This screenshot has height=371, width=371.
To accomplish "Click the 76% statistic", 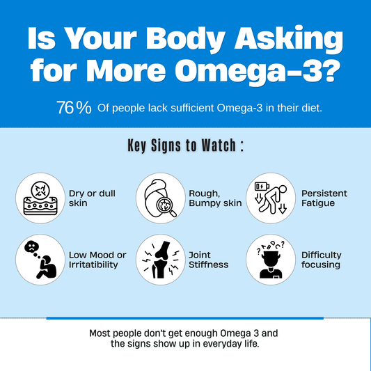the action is pyautogui.click(x=74, y=108).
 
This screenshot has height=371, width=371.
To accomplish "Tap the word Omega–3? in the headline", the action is pyautogui.click(x=258, y=70).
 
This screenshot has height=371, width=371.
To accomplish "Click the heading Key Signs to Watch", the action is pyautogui.click(x=186, y=145).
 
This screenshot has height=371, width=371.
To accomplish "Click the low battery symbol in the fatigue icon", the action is pyautogui.click(x=262, y=187).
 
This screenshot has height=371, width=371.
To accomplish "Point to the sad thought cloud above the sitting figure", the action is pyautogui.click(x=31, y=247).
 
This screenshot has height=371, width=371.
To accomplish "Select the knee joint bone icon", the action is pyautogui.click(x=161, y=260).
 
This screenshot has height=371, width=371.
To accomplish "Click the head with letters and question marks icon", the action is pyautogui.click(x=271, y=260).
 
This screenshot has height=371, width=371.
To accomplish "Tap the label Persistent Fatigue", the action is pyautogui.click(x=324, y=198).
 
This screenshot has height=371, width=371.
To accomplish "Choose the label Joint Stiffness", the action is pyautogui.click(x=208, y=260).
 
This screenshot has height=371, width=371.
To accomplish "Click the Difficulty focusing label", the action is pyautogui.click(x=322, y=260).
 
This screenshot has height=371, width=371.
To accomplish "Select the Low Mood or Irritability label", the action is pyautogui.click(x=97, y=260).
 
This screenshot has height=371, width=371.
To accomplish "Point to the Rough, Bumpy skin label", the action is pyautogui.click(x=215, y=198).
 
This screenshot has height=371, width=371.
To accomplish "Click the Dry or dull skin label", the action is pyautogui.click(x=92, y=198).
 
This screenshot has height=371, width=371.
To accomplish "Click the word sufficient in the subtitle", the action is pyautogui.click(x=192, y=108).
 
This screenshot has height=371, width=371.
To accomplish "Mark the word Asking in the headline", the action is pyautogui.click(x=288, y=38).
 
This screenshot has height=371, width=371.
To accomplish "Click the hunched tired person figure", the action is pyautogui.click(x=273, y=199).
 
